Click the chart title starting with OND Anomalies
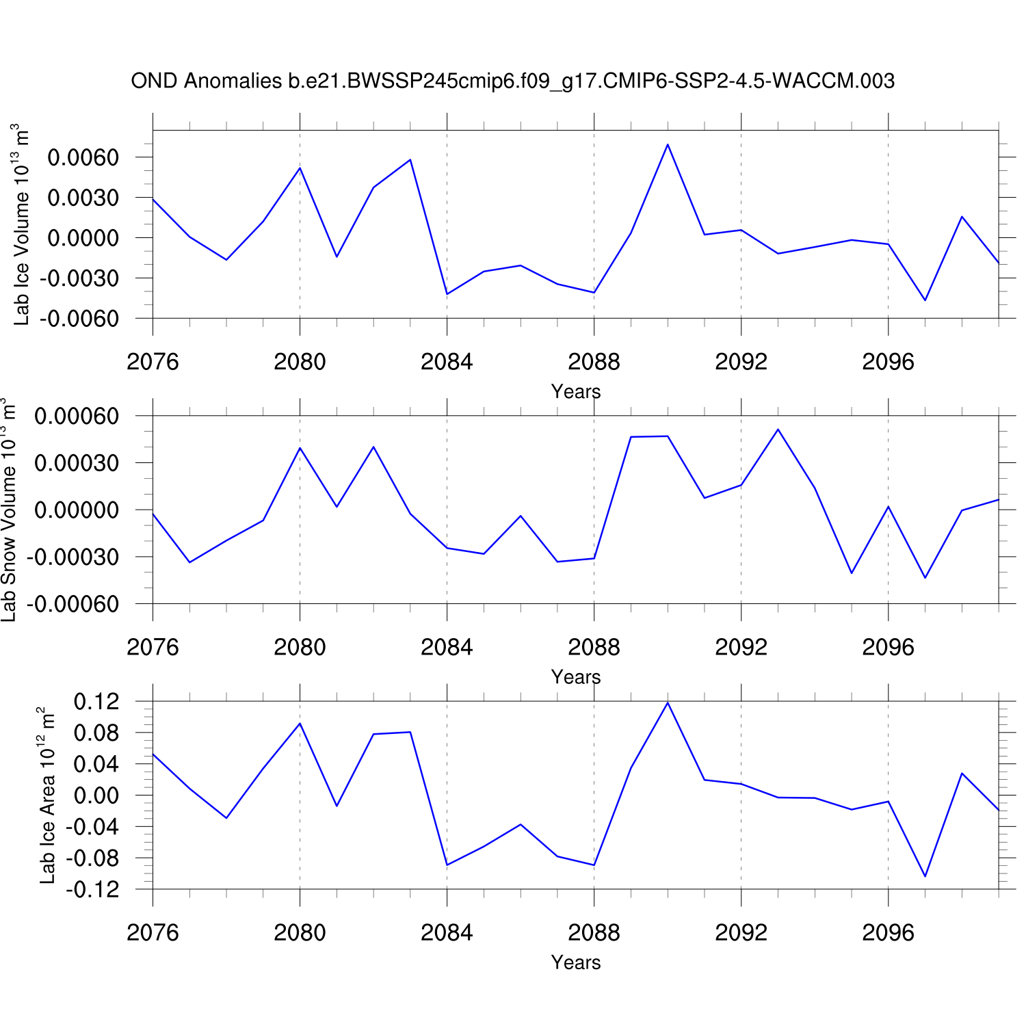click(512, 81)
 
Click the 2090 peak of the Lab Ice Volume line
click(668, 144)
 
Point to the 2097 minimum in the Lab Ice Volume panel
click(925, 300)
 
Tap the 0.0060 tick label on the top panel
click(83, 157)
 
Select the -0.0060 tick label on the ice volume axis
click(79, 319)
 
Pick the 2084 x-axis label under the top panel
click(447, 362)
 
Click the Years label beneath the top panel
click(576, 392)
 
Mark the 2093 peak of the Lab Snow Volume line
click(778, 430)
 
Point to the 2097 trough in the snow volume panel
click(925, 578)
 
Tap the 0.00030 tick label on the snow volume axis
click(77, 463)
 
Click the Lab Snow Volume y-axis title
click(8, 510)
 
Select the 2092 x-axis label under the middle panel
click(741, 647)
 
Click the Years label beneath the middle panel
click(576, 677)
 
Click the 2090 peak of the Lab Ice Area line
click(668, 702)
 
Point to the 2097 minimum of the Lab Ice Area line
click(925, 876)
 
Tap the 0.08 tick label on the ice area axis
click(96, 733)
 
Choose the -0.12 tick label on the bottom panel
click(92, 890)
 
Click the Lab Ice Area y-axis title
click(47, 795)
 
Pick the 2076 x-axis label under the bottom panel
click(153, 933)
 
